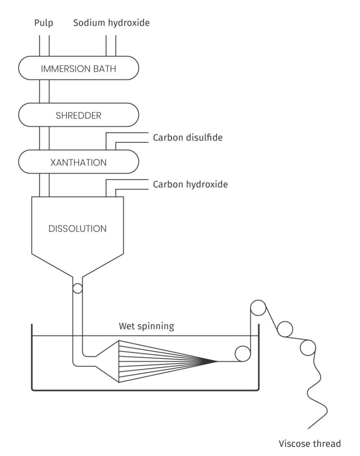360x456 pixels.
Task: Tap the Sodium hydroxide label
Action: [111, 23]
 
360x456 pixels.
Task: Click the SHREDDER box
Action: [78, 116]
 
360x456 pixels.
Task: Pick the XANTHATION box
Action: [78, 162]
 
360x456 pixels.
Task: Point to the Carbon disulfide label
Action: [188, 138]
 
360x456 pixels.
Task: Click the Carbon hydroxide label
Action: [190, 184]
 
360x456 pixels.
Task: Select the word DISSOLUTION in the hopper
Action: [78, 228]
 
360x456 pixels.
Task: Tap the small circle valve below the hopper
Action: [78, 288]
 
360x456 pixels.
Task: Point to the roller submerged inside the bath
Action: [243, 353]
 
